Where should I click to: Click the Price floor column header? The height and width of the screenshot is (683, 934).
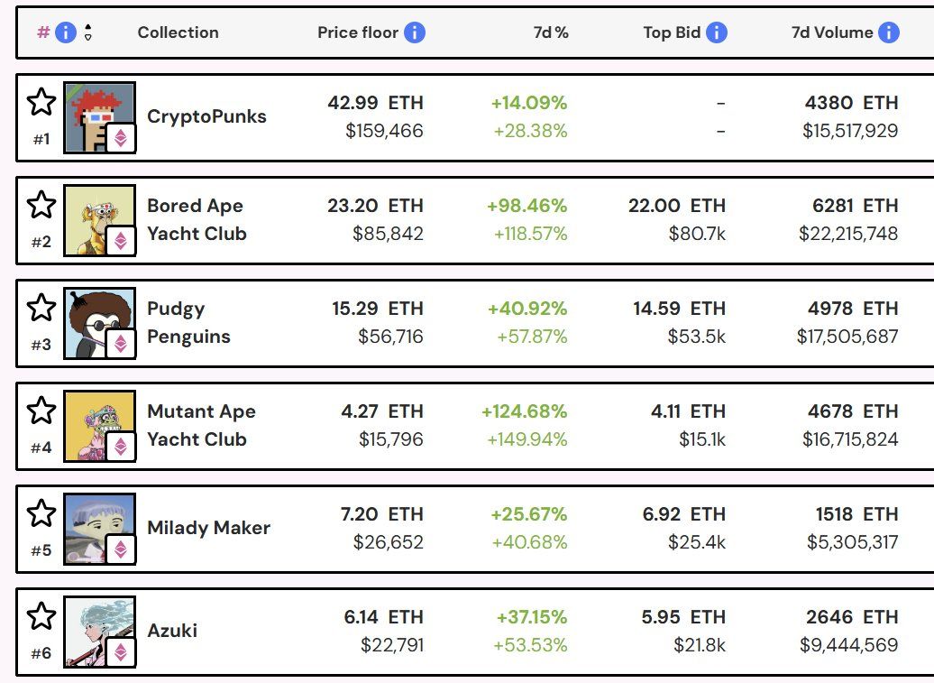tap(357, 32)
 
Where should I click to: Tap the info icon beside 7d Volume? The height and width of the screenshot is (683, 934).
tap(888, 32)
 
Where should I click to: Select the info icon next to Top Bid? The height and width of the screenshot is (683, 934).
tap(716, 32)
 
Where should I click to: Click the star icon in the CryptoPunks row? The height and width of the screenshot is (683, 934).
tap(41, 102)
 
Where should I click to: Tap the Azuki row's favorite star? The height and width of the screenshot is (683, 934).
tap(41, 616)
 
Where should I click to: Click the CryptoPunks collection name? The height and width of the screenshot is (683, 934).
tap(206, 116)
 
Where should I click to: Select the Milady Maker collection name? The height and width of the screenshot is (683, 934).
tap(208, 528)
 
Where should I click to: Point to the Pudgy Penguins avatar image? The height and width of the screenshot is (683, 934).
tap(99, 323)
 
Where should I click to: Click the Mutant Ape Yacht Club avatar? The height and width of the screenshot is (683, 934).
tap(99, 426)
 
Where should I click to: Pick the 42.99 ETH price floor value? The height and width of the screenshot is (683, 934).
tap(375, 103)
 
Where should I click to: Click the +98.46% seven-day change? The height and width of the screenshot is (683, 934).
tap(527, 206)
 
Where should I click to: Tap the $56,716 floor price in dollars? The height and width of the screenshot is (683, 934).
tap(390, 337)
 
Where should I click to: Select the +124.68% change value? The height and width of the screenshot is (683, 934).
tap(524, 411)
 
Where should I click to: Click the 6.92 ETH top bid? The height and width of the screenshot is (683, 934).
tap(683, 514)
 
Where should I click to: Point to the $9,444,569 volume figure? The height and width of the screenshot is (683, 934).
tap(848, 645)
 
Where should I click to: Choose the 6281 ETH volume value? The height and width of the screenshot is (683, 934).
tap(855, 206)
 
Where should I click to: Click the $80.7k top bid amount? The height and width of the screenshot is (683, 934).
tap(696, 234)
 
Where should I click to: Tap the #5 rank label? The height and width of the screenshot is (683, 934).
tap(41, 550)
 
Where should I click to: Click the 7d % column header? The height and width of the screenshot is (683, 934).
tap(550, 32)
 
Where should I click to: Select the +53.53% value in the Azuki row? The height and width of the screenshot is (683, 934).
tap(530, 645)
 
